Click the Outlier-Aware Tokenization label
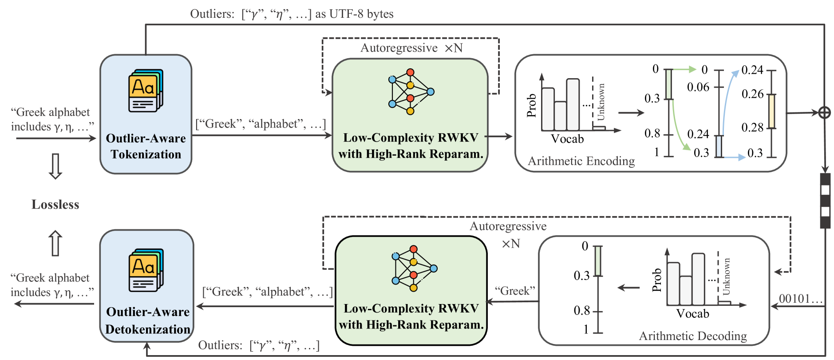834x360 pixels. pos(146,146)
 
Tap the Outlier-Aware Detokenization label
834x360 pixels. pos(148,320)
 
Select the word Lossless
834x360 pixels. pos(55,205)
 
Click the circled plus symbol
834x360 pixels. pos(824,113)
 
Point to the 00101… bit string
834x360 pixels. pos(801,299)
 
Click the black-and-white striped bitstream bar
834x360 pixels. pos(825,201)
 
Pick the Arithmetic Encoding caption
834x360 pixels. pos(581,161)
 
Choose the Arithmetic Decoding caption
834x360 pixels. pos(692,336)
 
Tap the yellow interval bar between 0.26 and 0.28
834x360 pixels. pos(772,111)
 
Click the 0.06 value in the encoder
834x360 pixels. pos(698,87)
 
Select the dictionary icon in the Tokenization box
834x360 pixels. pos(146,91)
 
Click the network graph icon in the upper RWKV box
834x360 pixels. pos(411,92)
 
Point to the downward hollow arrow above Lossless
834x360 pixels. pos(55,166)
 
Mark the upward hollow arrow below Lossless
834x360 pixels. pos(55,243)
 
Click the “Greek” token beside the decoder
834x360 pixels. pos(515,291)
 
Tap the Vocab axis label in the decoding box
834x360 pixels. pos(692,314)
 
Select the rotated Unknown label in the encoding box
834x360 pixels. pos(601,102)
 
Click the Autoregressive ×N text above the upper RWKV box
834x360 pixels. pos(411,48)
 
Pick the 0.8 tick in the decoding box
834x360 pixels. pos(581,310)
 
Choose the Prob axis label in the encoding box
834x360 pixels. pos(531,106)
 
